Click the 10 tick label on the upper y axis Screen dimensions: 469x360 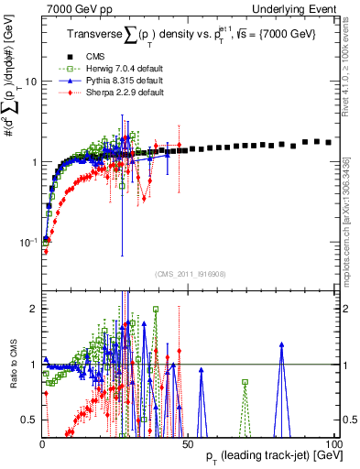click(x=29, y=82)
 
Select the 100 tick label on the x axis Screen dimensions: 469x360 click(x=333, y=443)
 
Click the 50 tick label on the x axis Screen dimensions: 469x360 click(x=188, y=443)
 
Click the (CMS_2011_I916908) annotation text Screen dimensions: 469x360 click(x=190, y=274)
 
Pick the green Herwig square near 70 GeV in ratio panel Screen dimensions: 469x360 click(x=245, y=382)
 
